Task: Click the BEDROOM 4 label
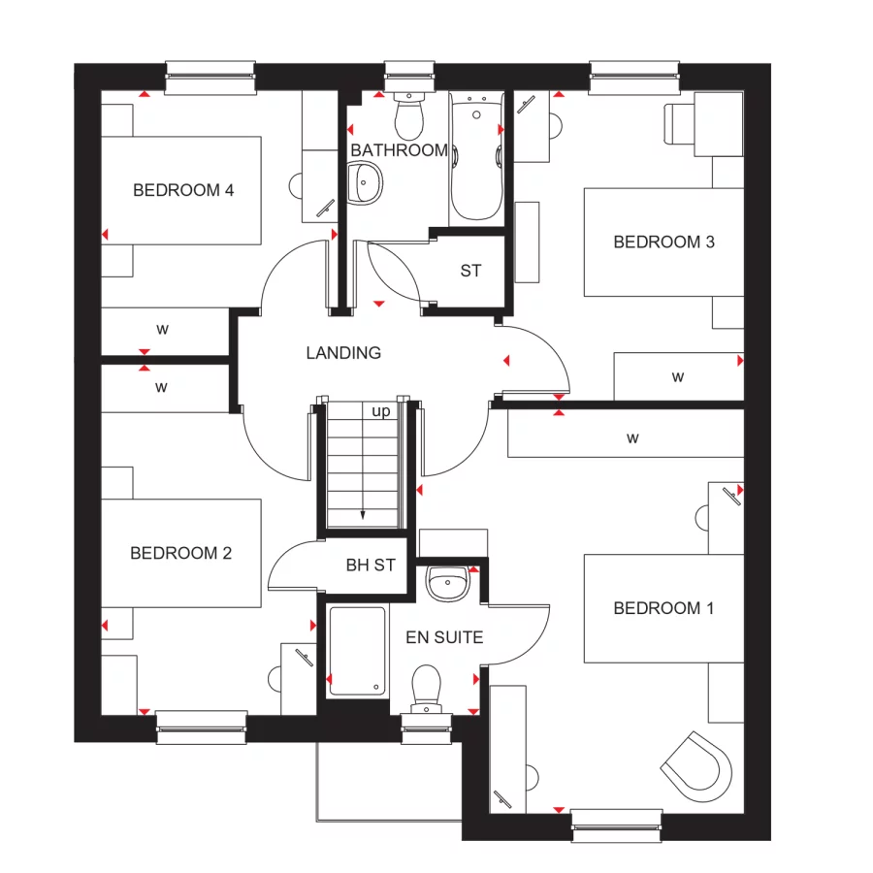click(183, 190)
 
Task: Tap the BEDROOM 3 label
click(663, 242)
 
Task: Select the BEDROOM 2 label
click(181, 553)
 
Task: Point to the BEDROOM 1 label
click(663, 608)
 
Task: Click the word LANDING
click(343, 353)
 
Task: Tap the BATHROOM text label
click(399, 150)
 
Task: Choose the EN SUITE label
click(444, 637)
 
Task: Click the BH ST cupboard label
click(371, 565)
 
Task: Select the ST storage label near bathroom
click(470, 272)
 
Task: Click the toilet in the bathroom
click(408, 115)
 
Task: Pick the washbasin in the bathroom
click(364, 183)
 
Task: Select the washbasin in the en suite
click(447, 583)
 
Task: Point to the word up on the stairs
click(381, 411)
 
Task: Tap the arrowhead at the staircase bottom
click(363, 516)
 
